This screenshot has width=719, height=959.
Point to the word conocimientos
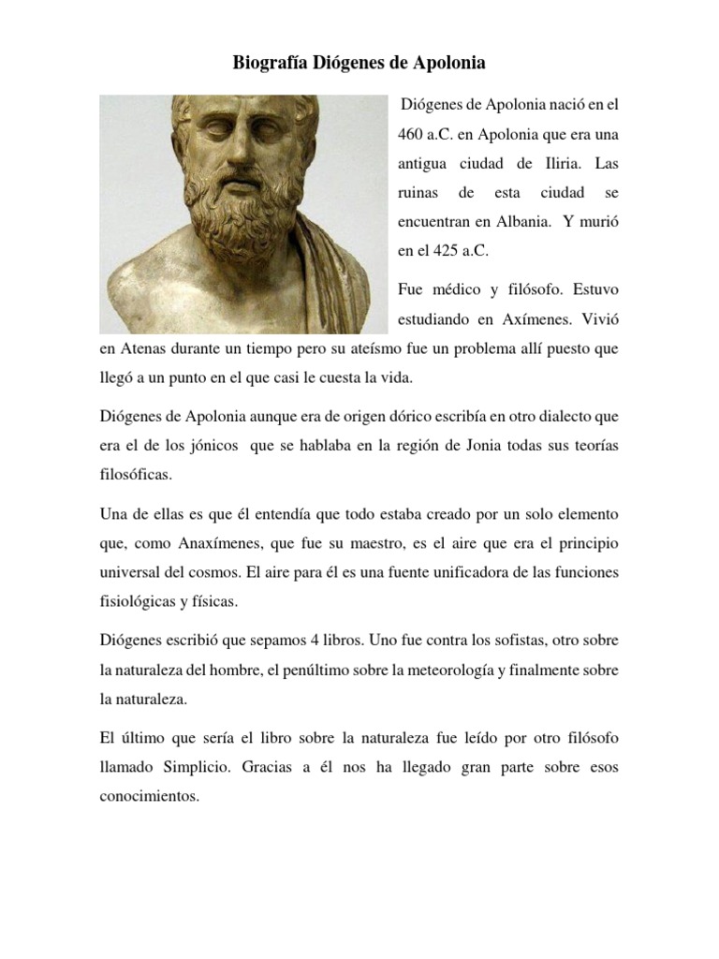point(149,798)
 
